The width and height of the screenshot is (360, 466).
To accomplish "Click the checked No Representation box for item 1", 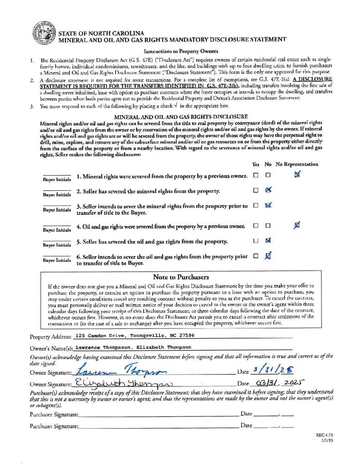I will point(297,174).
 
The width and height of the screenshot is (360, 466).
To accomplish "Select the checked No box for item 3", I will point(268,205).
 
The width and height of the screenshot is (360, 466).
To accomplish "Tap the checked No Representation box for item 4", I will point(297,224).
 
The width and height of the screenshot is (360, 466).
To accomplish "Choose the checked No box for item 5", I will point(268,240).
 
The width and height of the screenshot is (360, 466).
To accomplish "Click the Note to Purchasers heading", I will point(181,277).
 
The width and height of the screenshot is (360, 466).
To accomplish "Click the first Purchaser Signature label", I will point(54,414).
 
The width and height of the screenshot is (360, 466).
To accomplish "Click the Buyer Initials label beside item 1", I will point(57,179).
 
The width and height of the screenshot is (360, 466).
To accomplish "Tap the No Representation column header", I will point(297,164).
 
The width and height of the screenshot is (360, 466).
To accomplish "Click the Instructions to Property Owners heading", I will point(181,51).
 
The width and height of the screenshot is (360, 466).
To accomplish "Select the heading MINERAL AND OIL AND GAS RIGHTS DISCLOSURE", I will point(181,117).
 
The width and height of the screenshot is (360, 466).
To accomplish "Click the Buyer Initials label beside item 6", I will point(57,260).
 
